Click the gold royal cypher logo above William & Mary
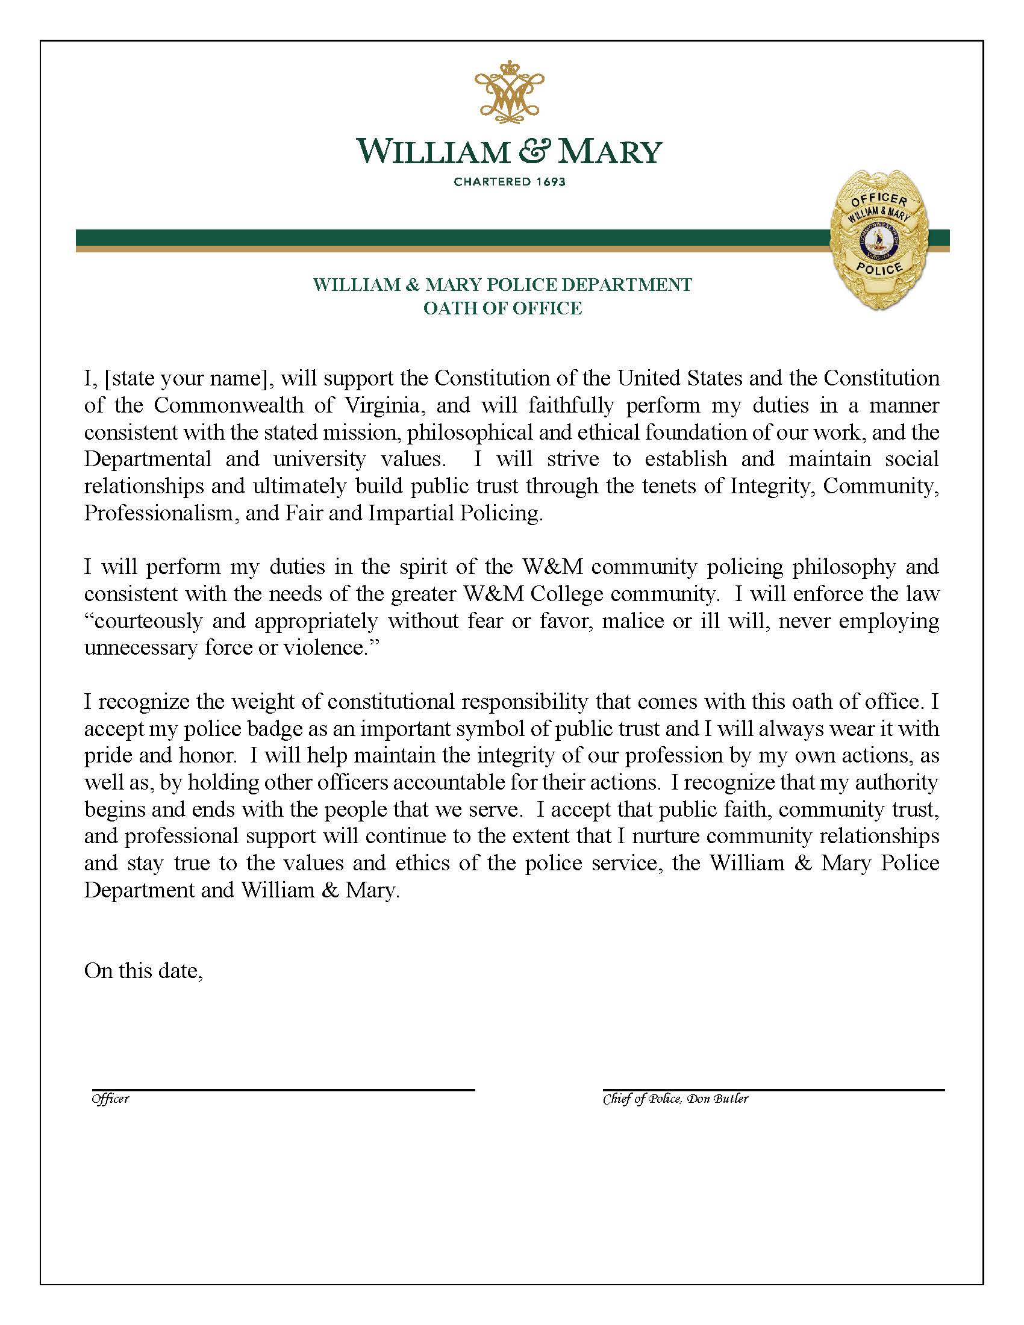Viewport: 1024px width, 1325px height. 509,95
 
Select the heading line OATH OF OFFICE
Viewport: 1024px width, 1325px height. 502,308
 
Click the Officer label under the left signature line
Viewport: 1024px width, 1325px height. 110,1099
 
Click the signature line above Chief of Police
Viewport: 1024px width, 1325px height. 773,1090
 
